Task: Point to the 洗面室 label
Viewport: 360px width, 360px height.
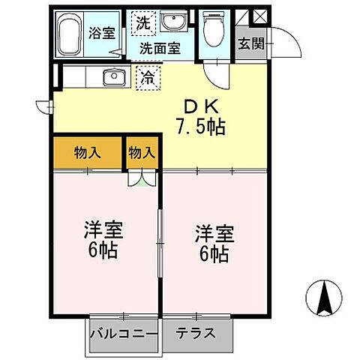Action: [162, 48]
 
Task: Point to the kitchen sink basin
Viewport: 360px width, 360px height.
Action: [114, 76]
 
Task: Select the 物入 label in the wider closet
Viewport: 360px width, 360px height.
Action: [87, 153]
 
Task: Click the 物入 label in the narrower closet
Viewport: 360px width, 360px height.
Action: [141, 153]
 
